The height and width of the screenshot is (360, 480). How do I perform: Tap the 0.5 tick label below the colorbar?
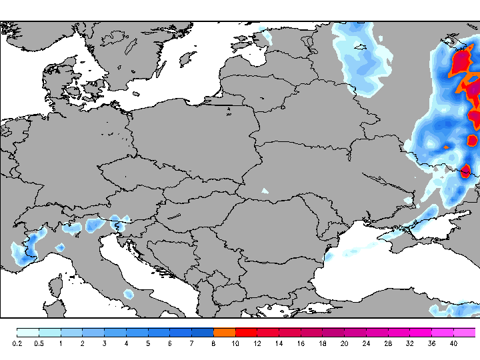point(39,343)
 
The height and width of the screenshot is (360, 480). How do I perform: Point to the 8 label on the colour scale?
point(213,343)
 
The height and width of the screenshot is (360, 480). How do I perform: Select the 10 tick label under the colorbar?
point(235,343)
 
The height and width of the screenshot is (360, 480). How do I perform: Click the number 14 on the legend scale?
point(279,343)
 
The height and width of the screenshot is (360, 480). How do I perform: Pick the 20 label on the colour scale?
point(344,343)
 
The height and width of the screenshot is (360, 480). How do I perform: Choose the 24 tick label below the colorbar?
point(366,343)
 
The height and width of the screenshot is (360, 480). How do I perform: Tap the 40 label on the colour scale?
point(453,343)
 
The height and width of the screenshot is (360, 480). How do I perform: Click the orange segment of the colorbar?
point(224,332)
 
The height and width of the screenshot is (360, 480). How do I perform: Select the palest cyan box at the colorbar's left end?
point(27,332)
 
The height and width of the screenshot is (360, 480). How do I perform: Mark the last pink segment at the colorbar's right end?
point(465,332)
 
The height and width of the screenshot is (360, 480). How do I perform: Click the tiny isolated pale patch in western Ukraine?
point(265,191)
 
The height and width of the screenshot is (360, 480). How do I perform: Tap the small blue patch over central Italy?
point(128,293)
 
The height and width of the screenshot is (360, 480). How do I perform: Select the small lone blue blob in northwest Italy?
point(59,247)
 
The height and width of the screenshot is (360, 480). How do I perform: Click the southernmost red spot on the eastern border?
point(465,172)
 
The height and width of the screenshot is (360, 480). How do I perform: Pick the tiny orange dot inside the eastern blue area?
point(446,146)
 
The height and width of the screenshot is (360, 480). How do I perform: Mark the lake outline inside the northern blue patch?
point(361,47)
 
